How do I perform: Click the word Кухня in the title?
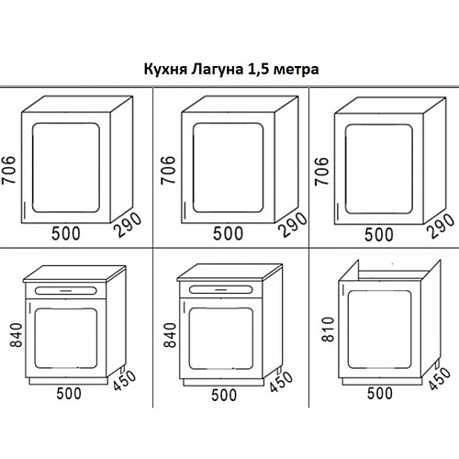[165, 69]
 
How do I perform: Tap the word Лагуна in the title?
[217, 70]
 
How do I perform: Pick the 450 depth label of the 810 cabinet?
[440, 378]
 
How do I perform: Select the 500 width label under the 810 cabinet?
[380, 393]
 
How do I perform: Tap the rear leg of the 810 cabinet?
[437, 365]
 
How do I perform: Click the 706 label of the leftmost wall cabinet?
[8, 170]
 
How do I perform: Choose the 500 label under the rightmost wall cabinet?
[378, 235]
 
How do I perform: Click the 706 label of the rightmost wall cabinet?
[321, 171]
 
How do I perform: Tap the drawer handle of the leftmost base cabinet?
[65, 290]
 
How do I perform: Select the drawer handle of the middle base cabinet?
[221, 289]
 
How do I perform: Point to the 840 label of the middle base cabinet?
[171, 335]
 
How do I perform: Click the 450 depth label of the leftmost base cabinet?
[124, 380]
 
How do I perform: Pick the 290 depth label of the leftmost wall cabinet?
[129, 225]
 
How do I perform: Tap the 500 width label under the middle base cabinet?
[224, 395]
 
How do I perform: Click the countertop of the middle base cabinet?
[229, 272]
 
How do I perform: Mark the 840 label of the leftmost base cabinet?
[17, 335]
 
